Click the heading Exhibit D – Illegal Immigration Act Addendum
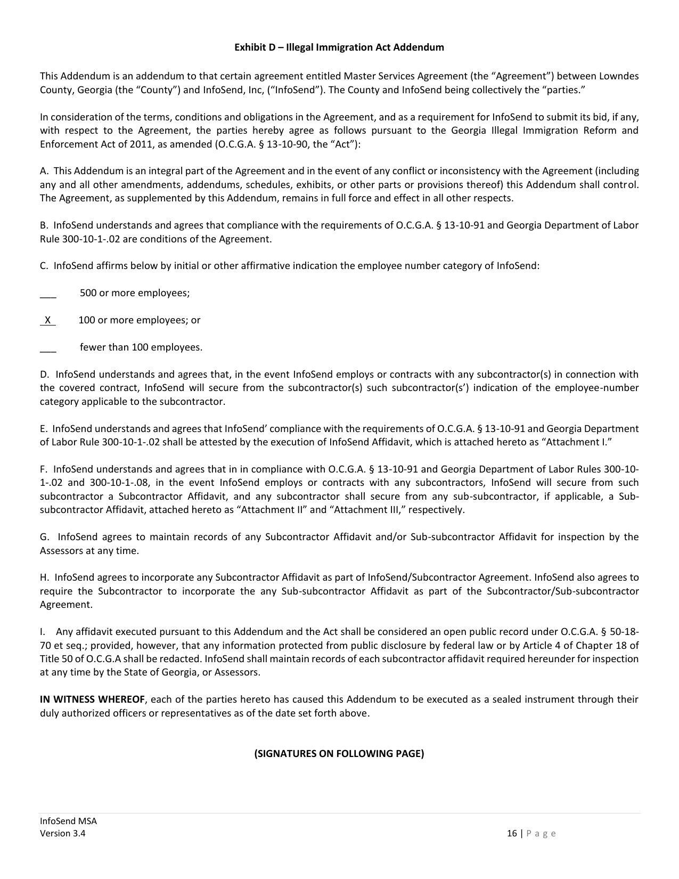pyautogui.click(x=339, y=47)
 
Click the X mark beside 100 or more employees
pyautogui.click(x=48, y=320)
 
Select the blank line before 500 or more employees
pyautogui.click(x=48, y=295)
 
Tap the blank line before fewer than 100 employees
pyautogui.click(x=48, y=349)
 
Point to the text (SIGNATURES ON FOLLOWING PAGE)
pyautogui.click(x=339, y=753)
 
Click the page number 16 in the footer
pyautogui.click(x=512, y=834)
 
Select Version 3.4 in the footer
pyautogui.click(x=62, y=834)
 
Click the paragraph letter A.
pyautogui.click(x=44, y=171)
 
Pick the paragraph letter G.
pyautogui.click(x=44, y=537)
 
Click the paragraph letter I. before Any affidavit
pyautogui.click(x=42, y=632)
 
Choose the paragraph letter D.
pyautogui.click(x=44, y=375)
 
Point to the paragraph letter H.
pyautogui.click(x=44, y=577)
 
